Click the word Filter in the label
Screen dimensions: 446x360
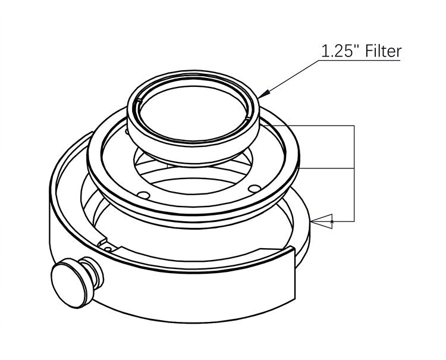383,51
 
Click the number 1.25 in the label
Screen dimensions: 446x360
336,52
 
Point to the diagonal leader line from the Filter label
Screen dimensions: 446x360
290,79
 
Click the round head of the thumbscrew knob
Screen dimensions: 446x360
68,285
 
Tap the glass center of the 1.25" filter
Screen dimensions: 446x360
193,114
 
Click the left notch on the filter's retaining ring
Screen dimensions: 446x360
139,100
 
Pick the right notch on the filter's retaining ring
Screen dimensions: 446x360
247,117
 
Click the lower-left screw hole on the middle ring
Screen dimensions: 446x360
144,195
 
